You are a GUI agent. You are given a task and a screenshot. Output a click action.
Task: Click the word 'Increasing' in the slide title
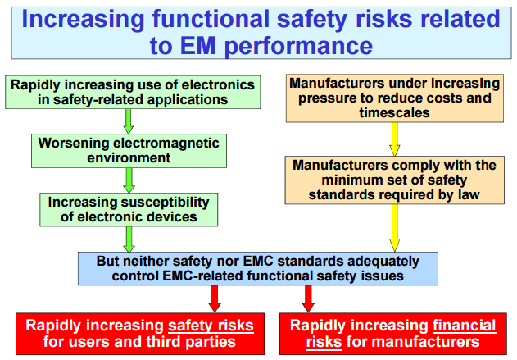83,20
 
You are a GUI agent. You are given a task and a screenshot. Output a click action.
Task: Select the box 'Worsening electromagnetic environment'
129,151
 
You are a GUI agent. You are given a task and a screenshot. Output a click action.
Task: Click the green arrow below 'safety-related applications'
129,121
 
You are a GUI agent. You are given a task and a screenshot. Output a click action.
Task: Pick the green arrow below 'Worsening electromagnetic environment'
129,180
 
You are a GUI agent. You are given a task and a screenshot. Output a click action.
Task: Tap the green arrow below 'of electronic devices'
129,239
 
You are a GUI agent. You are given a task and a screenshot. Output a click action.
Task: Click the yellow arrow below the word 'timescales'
395,139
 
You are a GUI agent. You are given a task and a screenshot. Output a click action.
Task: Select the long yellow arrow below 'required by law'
395,228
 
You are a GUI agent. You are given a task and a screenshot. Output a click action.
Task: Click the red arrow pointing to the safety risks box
215,298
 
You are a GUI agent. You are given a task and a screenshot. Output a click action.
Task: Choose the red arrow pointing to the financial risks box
308,298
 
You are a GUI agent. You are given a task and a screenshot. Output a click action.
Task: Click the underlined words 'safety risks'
211,326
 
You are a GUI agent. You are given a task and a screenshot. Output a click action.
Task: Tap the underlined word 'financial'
465,326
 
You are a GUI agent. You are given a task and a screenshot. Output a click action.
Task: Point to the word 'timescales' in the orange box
394,113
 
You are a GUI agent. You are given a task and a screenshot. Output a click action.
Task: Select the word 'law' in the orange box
468,194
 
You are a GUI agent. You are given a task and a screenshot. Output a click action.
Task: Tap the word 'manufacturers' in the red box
427,342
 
